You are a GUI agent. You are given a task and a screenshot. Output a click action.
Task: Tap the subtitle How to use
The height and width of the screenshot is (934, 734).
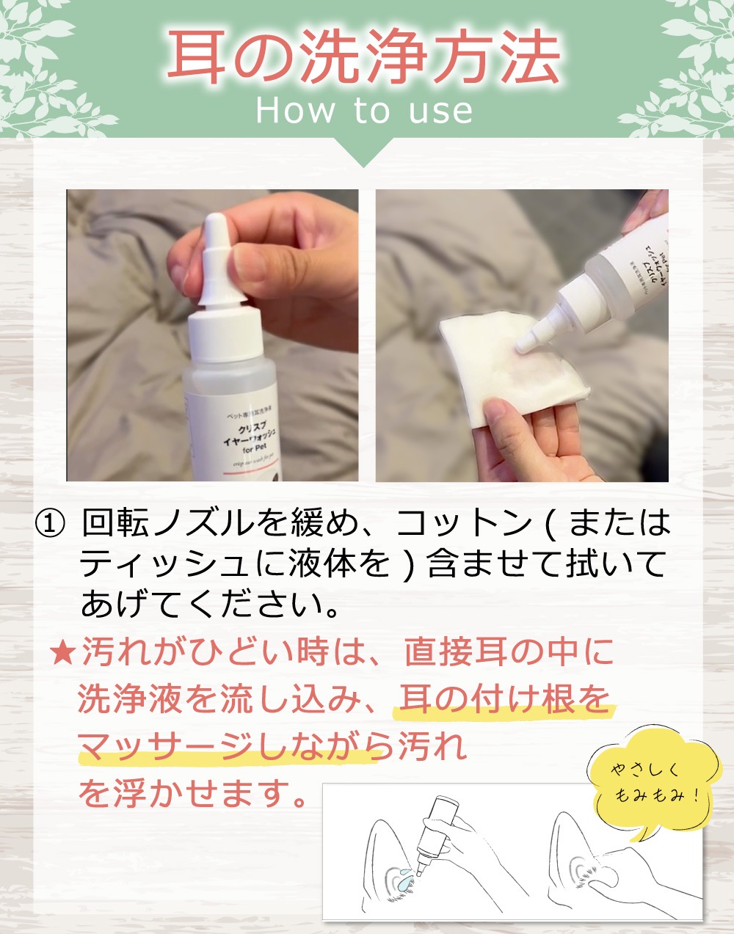365,111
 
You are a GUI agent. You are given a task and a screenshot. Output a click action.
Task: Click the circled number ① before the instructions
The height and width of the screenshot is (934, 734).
50,524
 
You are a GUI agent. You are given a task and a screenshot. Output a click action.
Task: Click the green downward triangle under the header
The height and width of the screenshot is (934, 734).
365,152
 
